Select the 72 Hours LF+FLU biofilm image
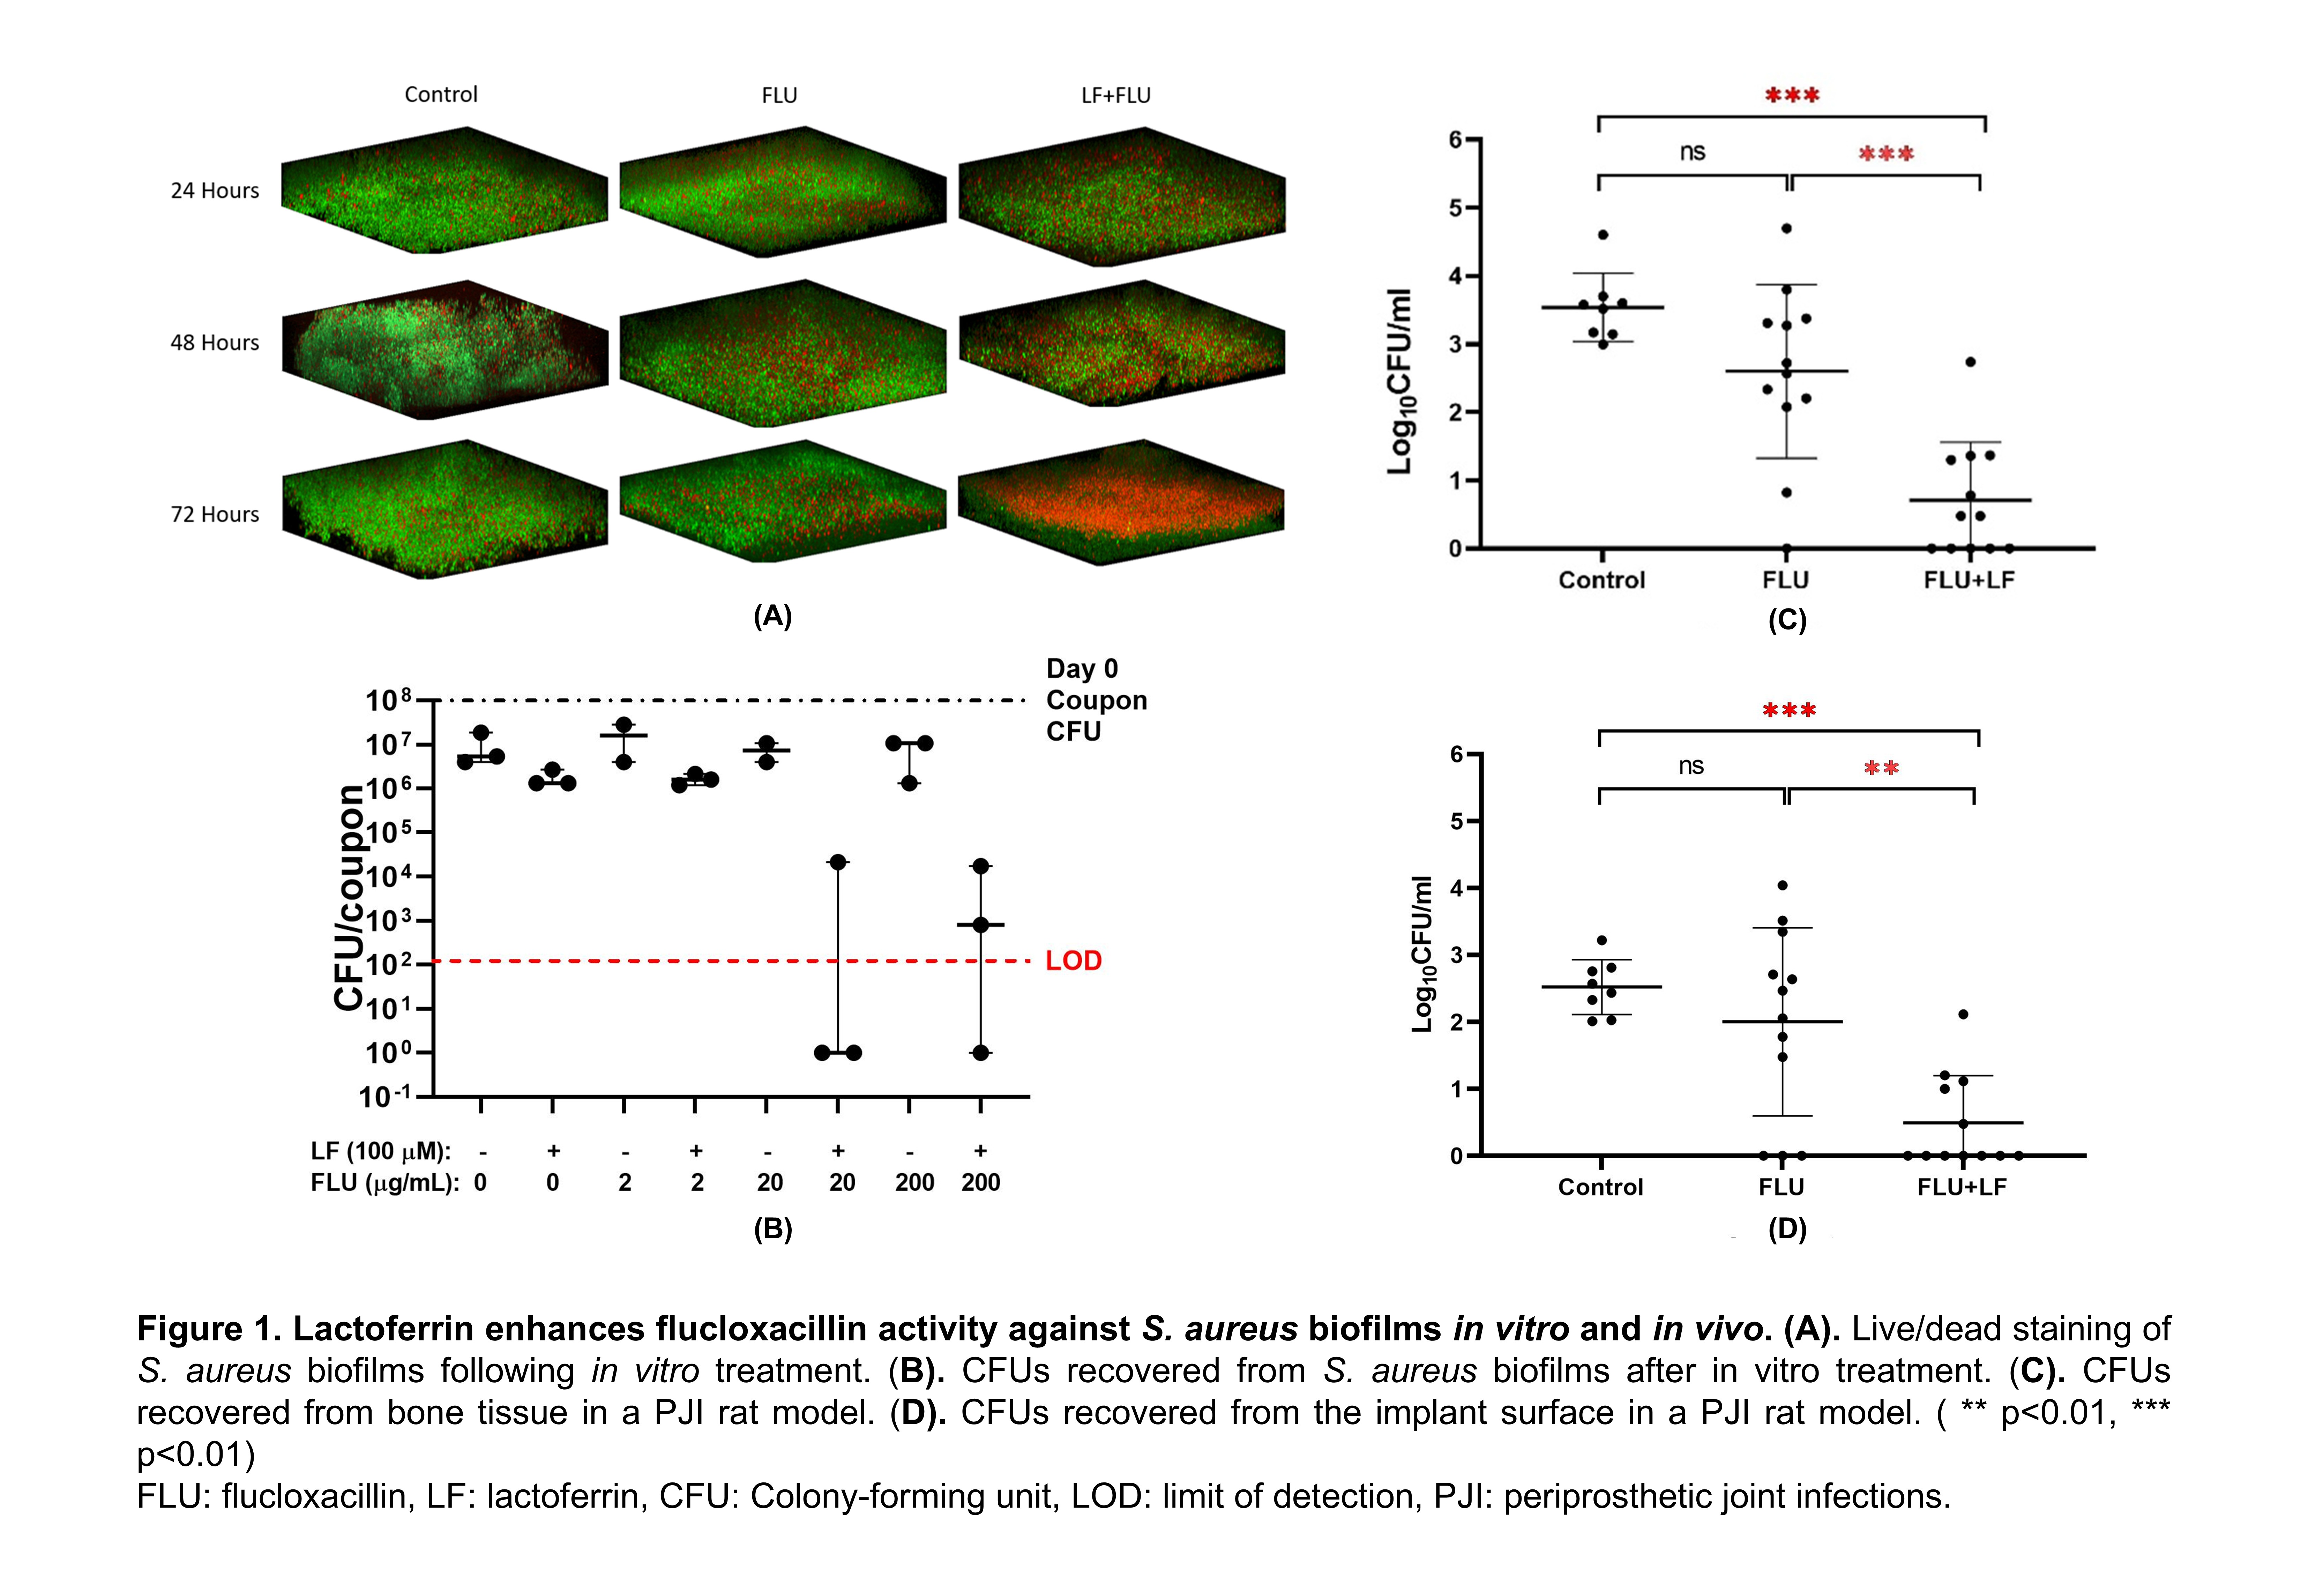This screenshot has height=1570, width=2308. pos(1121,502)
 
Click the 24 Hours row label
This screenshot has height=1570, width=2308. pos(215,190)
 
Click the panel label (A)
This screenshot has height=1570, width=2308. pos(772,617)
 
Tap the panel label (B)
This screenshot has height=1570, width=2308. pos(772,1229)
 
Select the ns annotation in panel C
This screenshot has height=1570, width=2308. pos(1692,152)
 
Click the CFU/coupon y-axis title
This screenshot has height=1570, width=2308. pos(349,898)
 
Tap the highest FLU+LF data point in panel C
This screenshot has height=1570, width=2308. pos(1970,361)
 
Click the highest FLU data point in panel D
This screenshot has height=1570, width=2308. pos(1783,885)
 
